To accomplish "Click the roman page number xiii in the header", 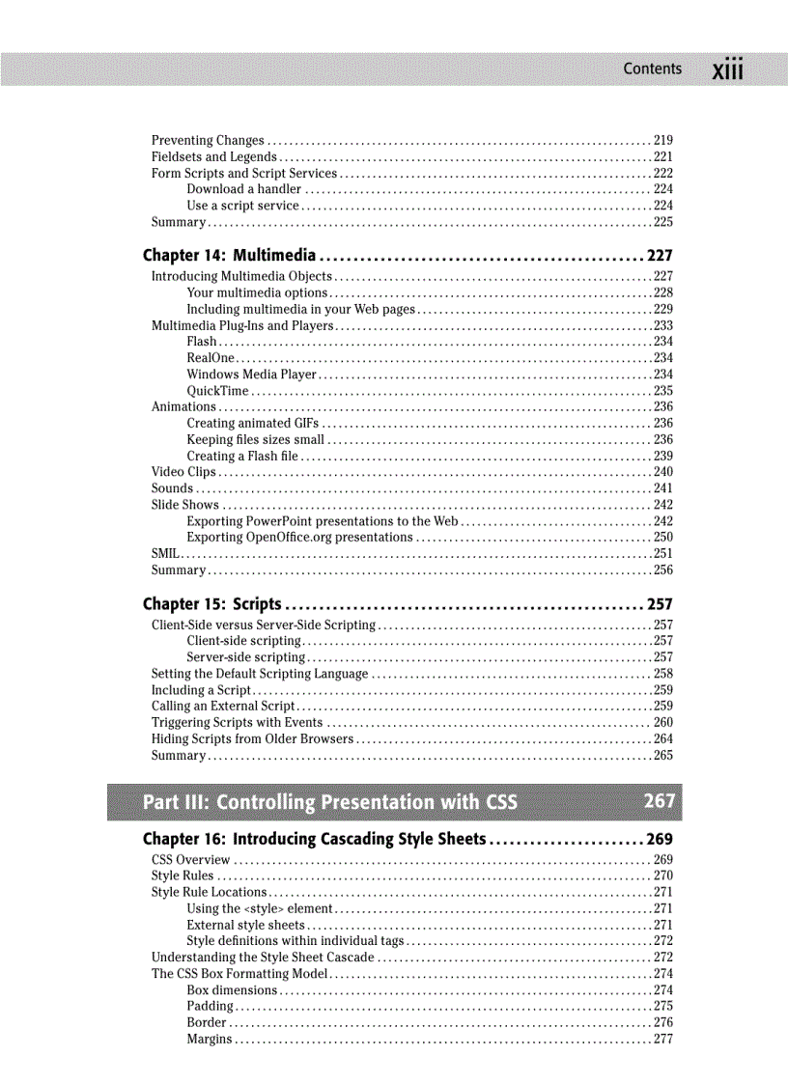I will click(727, 70).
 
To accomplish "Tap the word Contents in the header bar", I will click(652, 69).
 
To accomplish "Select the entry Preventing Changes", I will click(208, 141).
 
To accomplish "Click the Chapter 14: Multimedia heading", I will click(229, 256).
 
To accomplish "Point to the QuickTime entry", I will click(217, 391).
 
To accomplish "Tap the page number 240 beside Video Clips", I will click(663, 472).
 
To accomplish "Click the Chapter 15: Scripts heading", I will click(211, 604).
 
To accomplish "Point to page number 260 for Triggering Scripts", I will click(663, 723).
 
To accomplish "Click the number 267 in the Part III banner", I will click(660, 801).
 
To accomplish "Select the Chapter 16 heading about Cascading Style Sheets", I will click(314, 839).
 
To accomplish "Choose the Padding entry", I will click(209, 1007).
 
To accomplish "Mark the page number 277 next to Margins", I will click(663, 1040).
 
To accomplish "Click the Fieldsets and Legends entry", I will click(213, 157).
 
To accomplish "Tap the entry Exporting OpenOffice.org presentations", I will click(299, 538).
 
